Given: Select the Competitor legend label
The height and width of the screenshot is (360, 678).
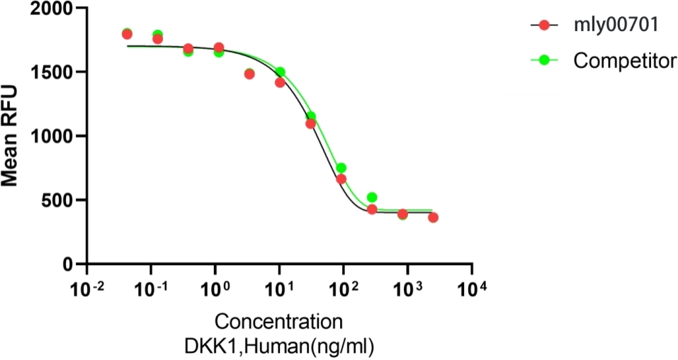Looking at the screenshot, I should point(623,61).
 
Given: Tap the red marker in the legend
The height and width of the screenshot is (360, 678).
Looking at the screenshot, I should point(544,26).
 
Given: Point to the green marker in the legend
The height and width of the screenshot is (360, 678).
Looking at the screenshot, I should point(544,61).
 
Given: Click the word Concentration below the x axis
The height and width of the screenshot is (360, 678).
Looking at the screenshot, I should point(279,322).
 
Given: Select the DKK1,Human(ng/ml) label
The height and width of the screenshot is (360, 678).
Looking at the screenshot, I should point(279,347).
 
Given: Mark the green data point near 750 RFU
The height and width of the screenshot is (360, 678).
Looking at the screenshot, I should point(341,168).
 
